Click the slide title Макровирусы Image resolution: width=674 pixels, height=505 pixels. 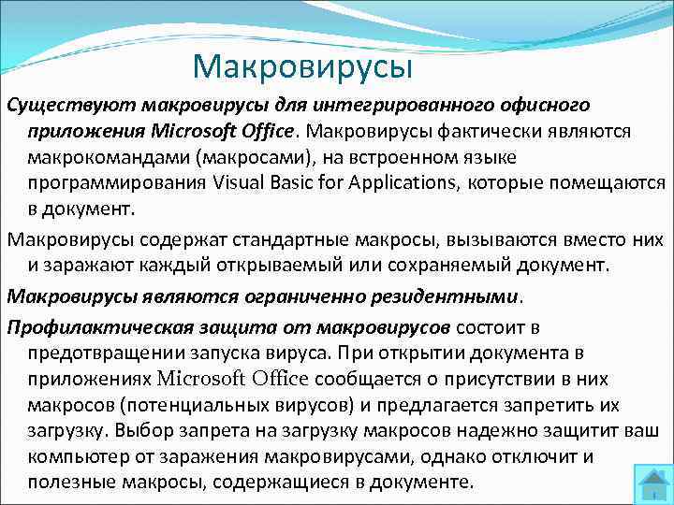tap(302, 65)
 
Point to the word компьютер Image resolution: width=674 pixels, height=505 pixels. tap(76, 457)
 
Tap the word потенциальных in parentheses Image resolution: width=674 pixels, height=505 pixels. tap(171, 405)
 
